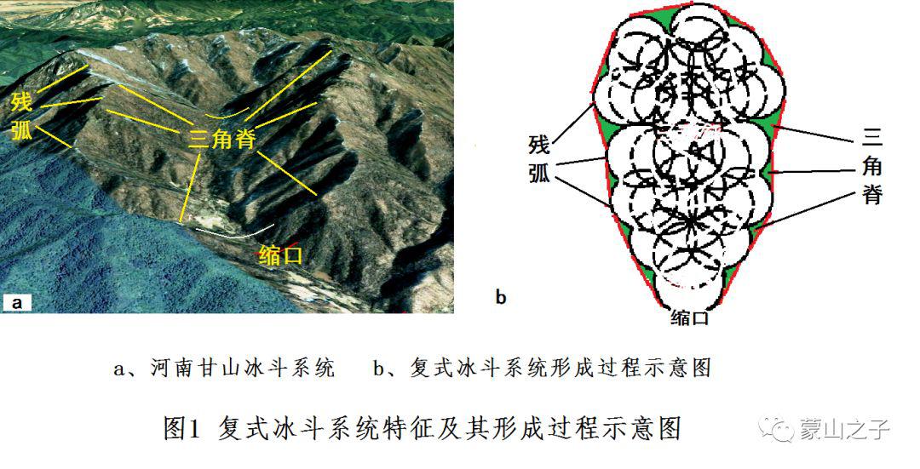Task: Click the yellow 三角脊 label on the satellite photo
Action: [x=221, y=139]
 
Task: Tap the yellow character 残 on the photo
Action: [x=21, y=103]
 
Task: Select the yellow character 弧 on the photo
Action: [x=21, y=130]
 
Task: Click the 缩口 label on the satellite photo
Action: [x=281, y=255]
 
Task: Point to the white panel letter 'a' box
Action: [x=16, y=302]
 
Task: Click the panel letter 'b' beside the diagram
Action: [x=501, y=297]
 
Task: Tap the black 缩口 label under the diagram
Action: [x=689, y=318]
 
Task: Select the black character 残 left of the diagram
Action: [x=539, y=145]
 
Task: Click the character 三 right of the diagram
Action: [x=872, y=140]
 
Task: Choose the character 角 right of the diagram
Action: [x=872, y=167]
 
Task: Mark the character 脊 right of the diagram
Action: [x=872, y=194]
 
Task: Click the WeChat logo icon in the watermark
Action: [x=776, y=430]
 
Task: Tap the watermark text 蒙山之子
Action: [x=844, y=430]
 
